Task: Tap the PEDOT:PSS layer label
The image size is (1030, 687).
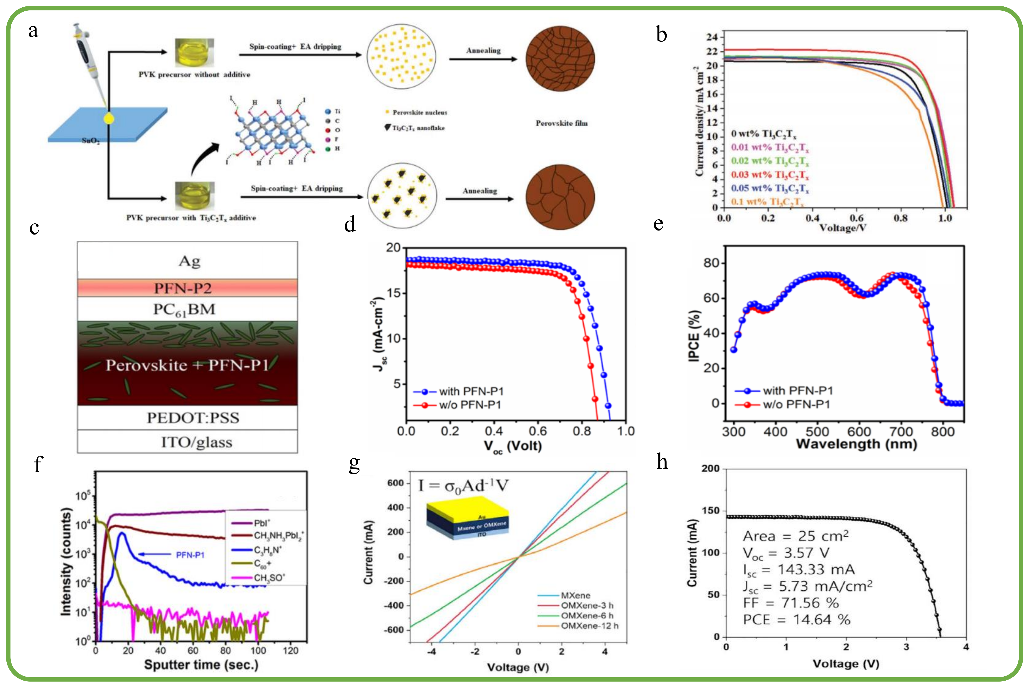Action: pos(193,418)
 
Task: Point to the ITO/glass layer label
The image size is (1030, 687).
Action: pos(197,442)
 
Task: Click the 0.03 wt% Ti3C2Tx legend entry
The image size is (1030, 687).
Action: pos(770,175)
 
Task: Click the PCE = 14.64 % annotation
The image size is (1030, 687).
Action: pos(796,619)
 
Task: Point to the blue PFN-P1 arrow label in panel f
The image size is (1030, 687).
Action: pos(190,555)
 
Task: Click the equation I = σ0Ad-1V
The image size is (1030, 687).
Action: pos(463,486)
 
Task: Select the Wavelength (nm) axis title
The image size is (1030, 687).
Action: pos(857,444)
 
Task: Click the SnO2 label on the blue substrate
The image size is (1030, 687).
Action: pos(91,141)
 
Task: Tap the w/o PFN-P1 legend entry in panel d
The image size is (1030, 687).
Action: pos(470,404)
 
